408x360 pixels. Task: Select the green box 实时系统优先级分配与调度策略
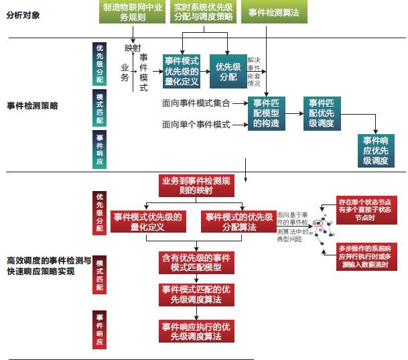[204, 12]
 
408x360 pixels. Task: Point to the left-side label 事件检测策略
[32, 105]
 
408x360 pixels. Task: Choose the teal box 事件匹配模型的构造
[266, 113]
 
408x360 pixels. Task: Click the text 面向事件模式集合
[196, 103]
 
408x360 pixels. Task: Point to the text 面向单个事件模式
[196, 125]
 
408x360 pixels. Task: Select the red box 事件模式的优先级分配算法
[239, 222]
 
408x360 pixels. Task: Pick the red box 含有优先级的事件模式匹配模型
[196, 262]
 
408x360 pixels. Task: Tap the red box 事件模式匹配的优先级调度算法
[196, 294]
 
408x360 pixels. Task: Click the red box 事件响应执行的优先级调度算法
[196, 331]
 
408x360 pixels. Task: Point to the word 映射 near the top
[132, 48]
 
